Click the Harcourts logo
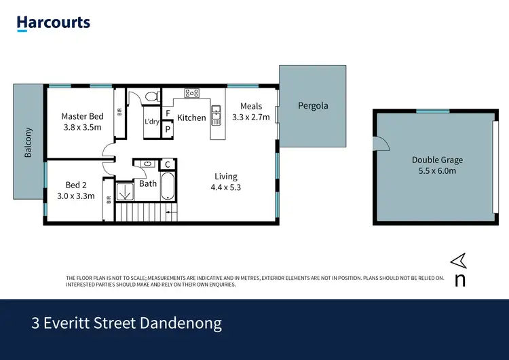(x=54, y=23)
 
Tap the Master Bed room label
(x=81, y=116)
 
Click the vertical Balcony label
(x=29, y=143)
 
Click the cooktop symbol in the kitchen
(x=192, y=94)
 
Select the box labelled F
(x=168, y=113)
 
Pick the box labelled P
(x=168, y=128)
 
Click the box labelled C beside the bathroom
(x=168, y=164)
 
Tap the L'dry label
(x=151, y=122)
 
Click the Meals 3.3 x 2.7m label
(x=250, y=111)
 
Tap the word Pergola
(x=313, y=106)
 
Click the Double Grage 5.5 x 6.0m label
(x=437, y=166)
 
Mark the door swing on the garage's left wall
(x=380, y=143)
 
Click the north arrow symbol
(x=459, y=259)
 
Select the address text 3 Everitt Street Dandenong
(x=127, y=323)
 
